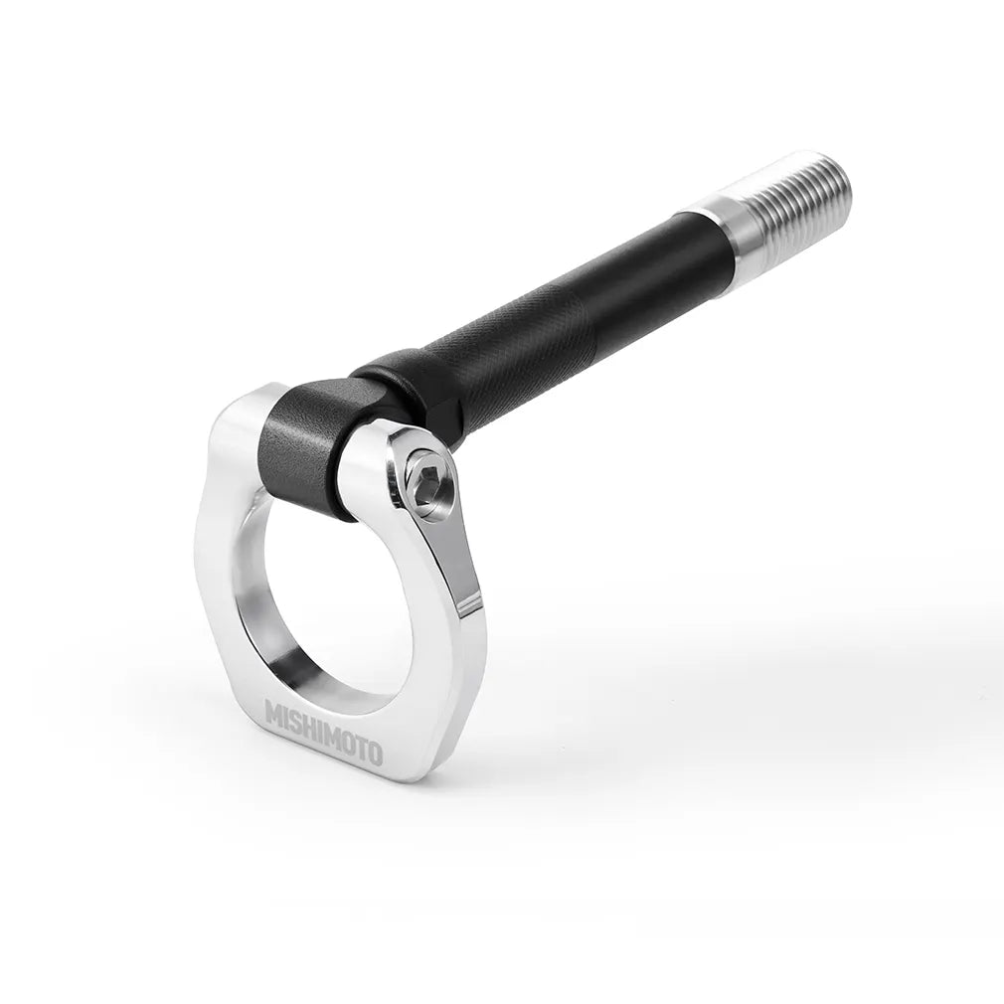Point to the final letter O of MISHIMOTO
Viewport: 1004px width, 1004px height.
pos(373,753)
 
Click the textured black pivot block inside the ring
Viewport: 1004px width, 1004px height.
pos(303,447)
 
